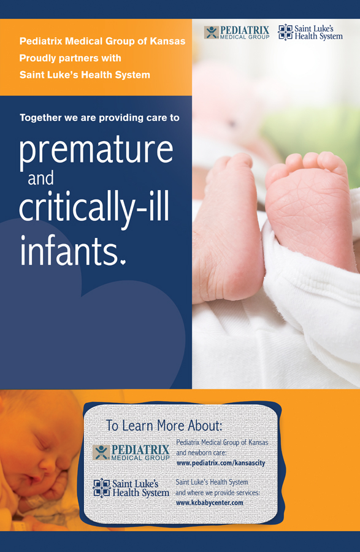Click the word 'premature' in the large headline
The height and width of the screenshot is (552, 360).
pos(96,150)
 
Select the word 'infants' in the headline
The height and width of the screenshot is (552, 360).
pos(69,250)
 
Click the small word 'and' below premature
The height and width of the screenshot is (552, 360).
pos(41,178)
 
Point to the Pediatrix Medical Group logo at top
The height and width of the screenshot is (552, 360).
pos(237,33)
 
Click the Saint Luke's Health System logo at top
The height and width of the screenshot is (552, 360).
pos(310,33)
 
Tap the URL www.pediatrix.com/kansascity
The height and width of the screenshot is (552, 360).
pos(221,463)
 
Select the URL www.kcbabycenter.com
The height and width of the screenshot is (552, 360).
pos(210,503)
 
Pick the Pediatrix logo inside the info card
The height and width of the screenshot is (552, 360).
pos(131,453)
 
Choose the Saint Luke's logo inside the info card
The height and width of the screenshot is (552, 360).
pos(131,488)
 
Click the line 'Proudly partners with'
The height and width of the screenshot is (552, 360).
pos(70,58)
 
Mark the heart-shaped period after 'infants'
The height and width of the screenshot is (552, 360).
pos(123,261)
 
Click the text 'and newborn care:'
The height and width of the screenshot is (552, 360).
pos(201,453)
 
